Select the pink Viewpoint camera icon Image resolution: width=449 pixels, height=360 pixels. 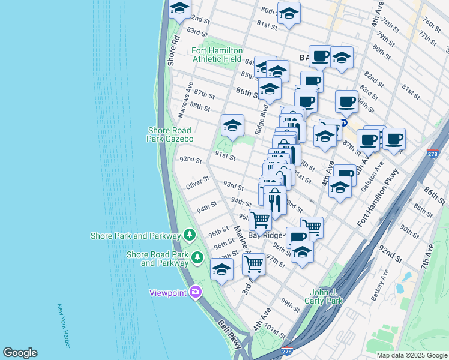pyautogui.click(x=195, y=292)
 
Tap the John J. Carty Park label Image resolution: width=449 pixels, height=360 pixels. pyautogui.click(x=323, y=295)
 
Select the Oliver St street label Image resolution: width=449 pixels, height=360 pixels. pyautogui.click(x=197, y=182)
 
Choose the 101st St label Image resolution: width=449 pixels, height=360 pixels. pyautogui.click(x=274, y=331)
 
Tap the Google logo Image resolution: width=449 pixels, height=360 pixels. pyautogui.click(x=20, y=353)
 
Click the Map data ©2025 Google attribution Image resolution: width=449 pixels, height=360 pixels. pyautogui.click(x=411, y=355)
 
